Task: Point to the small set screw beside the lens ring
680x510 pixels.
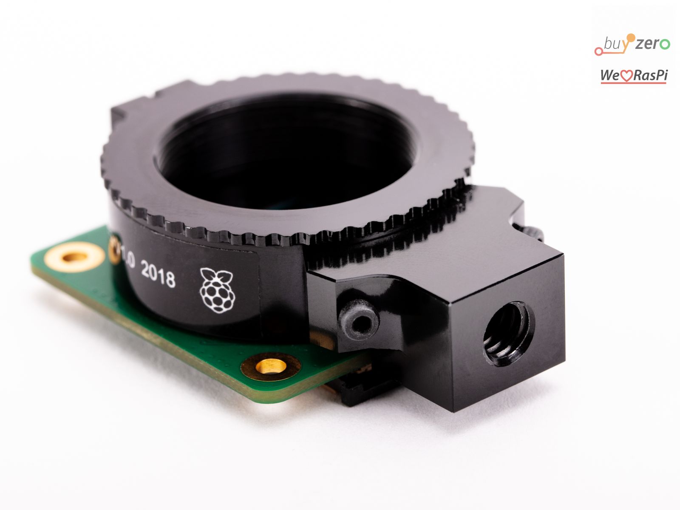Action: (358, 320)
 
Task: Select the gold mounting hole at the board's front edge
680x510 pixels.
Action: (271, 365)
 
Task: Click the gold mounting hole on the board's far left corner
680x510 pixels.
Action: (75, 257)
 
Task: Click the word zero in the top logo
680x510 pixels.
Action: (653, 43)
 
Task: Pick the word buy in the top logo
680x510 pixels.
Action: (615, 44)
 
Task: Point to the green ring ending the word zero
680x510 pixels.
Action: (666, 44)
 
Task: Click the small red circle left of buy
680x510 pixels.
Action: (598, 52)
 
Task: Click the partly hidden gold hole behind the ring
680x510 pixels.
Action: (114, 250)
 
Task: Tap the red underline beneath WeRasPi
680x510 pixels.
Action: (633, 82)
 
